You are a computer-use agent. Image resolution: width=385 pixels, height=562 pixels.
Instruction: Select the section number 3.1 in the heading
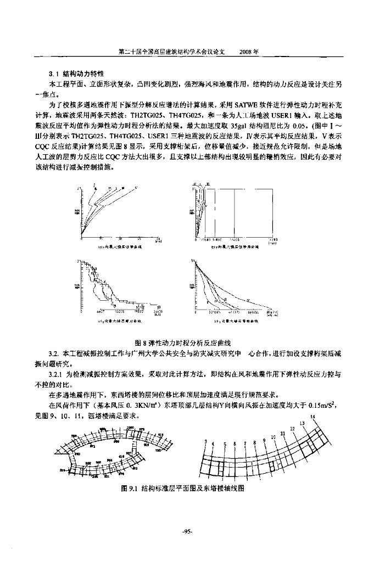point(54,73)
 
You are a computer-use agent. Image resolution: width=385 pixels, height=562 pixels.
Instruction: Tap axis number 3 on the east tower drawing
point(205,442)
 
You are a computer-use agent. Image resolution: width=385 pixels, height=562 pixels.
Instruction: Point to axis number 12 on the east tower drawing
point(292,428)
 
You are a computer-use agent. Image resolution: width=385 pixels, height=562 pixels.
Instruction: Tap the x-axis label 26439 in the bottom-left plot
point(158,311)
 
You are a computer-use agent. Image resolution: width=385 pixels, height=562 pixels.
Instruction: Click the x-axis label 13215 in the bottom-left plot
point(119,311)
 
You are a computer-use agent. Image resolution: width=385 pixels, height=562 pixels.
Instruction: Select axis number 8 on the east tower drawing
point(255,442)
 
